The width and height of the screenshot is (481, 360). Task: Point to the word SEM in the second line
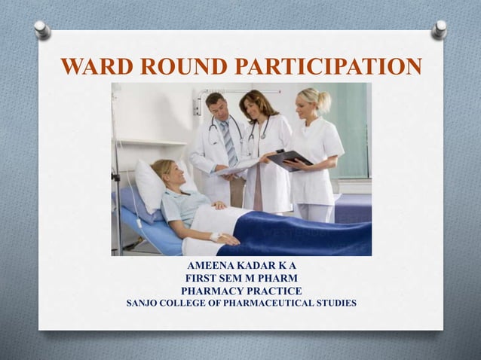[231, 279]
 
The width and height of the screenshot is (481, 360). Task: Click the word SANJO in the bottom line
[143, 304]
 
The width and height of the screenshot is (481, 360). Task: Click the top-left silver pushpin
[42, 29]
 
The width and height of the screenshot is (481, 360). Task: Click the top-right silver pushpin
[439, 29]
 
